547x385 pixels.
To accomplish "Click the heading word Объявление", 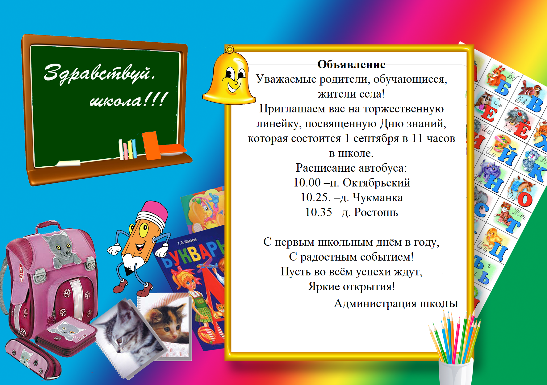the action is click(x=351, y=65).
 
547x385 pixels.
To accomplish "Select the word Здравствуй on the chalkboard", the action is click(x=99, y=73).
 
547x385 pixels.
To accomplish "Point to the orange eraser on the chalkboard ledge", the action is click(x=151, y=146).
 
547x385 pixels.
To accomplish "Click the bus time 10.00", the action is click(x=307, y=182).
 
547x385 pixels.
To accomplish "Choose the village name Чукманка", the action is click(x=378, y=197).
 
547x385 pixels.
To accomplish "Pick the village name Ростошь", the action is click(x=376, y=212).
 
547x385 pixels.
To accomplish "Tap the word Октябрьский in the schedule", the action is click(x=376, y=183).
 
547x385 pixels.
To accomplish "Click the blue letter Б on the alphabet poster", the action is click(x=503, y=88).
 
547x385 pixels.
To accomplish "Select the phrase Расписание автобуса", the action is click(x=351, y=168).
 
